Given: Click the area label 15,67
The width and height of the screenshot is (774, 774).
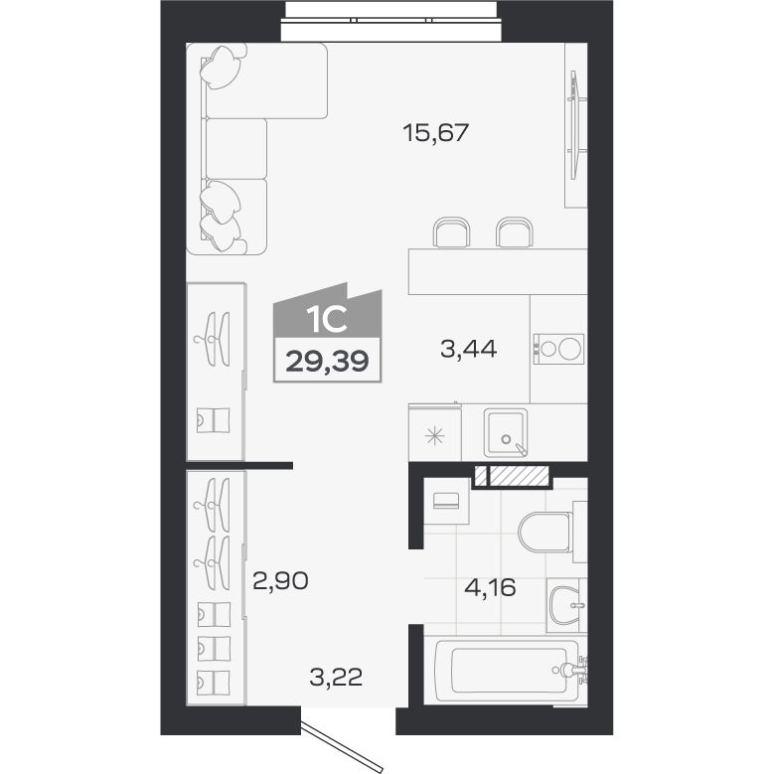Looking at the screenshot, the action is pos(435,133).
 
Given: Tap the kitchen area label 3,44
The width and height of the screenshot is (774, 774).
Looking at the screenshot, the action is pos(468,349).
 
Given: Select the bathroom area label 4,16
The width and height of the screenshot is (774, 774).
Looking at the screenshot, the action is pos(490,587).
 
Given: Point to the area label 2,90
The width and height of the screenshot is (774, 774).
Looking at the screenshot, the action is pos(280,580).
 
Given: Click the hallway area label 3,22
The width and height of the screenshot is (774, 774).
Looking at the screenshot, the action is pos(336,677).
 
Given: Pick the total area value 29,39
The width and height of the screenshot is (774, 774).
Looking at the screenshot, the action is pos(327,361).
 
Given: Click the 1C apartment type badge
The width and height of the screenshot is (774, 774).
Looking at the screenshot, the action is pos(328,332).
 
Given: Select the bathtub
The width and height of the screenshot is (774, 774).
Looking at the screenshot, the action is pos(508,671).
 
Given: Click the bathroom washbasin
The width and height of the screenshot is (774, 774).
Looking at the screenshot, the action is pos(565,605).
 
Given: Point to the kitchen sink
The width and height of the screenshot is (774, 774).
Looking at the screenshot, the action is pos(506,432).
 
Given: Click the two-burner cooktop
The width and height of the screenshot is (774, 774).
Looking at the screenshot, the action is pos(558,348).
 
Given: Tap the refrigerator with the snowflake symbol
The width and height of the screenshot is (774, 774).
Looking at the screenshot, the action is pos(435,432).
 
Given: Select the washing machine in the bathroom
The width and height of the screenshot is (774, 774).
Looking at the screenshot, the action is pos(446,501).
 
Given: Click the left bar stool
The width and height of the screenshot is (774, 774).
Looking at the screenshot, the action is pos(451,232).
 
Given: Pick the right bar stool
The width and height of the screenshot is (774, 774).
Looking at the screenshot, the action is pos(515,232).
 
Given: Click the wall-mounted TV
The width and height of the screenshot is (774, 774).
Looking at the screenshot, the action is pos(574,125).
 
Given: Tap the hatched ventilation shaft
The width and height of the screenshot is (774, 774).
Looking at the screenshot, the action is pos(512,475).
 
